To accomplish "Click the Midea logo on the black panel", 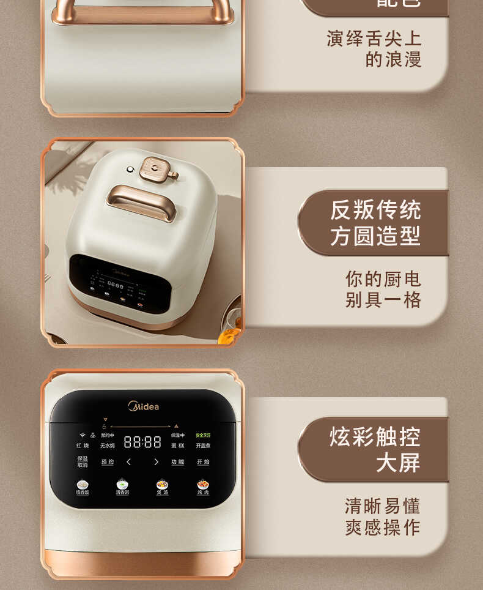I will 143,406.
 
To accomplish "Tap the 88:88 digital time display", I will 142,442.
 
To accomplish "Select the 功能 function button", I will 177,462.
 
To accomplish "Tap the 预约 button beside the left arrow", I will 108,462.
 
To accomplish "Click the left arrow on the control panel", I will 128,462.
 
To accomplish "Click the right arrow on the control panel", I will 156,462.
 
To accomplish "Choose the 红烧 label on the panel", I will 83,446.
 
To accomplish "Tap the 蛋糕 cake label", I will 177,446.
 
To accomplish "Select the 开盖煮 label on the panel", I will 203,446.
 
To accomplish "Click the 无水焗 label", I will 108,446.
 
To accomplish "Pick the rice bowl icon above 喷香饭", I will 82,484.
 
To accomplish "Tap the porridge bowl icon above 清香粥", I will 122,484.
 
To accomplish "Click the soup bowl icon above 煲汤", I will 162,484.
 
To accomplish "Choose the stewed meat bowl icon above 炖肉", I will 203,484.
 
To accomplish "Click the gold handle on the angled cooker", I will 142,202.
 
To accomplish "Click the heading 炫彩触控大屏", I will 374,450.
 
